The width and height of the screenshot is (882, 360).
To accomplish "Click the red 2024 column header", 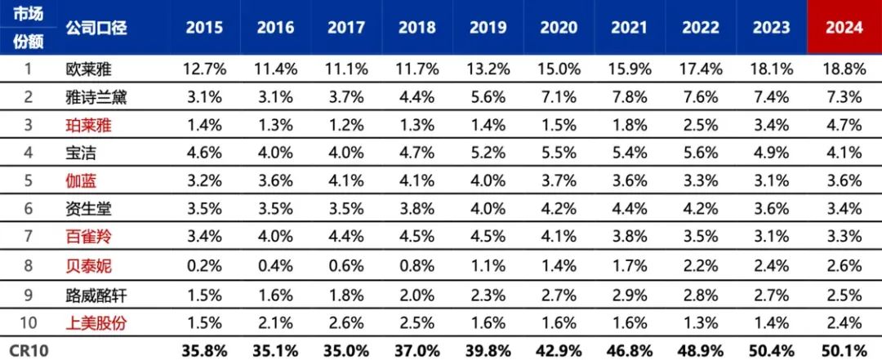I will (844, 27).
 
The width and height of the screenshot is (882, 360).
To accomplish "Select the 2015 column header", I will (204, 27).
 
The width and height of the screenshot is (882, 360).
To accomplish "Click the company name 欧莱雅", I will (84, 69).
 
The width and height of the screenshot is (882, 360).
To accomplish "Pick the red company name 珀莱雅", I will (84, 125).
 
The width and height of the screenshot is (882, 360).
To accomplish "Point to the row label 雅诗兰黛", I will (95, 97).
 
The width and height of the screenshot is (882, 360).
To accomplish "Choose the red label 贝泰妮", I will (84, 265).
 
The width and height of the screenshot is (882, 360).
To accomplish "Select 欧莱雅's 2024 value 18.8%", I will (844, 69).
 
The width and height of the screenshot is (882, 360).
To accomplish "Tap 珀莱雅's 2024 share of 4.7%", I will (844, 125).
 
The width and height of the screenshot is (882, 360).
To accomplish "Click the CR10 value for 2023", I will (772, 349).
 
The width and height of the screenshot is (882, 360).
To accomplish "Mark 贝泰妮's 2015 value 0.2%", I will (204, 265).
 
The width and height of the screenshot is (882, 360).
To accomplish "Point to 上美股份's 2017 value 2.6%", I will (346, 322).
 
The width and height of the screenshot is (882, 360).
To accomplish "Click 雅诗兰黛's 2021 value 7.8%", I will (630, 97).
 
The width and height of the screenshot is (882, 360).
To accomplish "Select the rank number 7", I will (27, 238).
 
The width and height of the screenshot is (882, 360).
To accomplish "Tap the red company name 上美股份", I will (95, 322).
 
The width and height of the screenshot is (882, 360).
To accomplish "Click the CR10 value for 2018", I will (417, 349).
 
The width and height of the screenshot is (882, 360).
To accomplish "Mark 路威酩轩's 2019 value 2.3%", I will (488, 294).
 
